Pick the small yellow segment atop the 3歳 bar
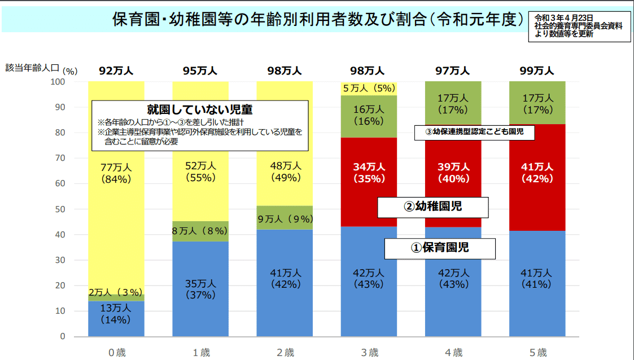coord(369,88)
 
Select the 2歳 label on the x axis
coord(285,353)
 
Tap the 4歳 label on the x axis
coord(453,353)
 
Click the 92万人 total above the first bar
coord(116,71)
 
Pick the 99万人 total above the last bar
coord(537,71)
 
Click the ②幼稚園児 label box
coord(432,207)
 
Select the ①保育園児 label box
coord(440,248)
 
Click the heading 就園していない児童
coord(200,109)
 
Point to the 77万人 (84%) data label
coord(116,173)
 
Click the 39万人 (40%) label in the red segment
coord(453,173)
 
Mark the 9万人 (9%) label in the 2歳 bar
coord(285,218)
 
